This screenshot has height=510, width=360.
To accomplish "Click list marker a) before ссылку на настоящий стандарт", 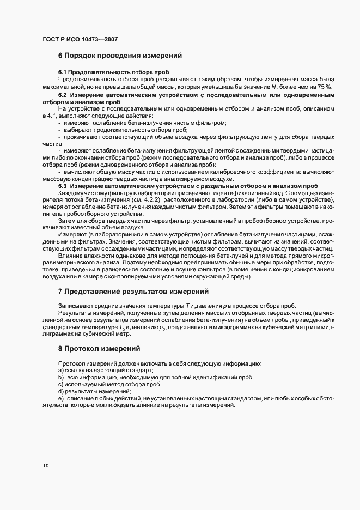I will click(x=60, y=370).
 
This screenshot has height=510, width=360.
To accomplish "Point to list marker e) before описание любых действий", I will click(x=60, y=399).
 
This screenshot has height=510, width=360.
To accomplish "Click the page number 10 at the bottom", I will click(x=45, y=465).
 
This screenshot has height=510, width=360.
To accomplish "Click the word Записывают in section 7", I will click(x=75, y=305).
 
